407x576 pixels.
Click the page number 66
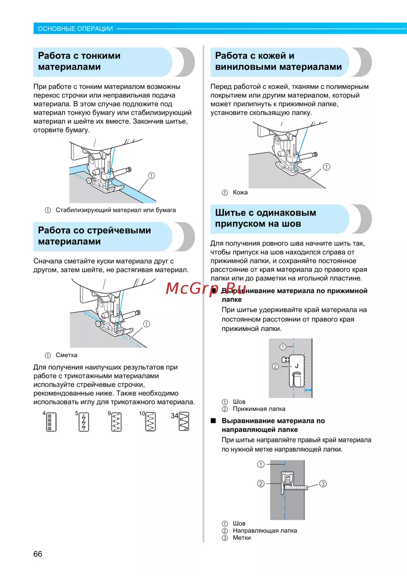(38, 554)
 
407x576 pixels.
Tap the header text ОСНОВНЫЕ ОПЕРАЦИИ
(75, 29)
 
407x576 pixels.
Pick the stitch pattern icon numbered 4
(51, 422)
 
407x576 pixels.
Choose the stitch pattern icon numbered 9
(116, 422)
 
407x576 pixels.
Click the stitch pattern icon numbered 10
(150, 422)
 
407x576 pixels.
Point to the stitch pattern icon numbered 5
(84, 422)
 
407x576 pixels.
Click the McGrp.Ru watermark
(206, 289)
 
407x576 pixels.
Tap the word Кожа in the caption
(240, 192)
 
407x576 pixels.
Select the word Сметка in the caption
(66, 355)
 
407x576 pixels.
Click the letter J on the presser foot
(297, 366)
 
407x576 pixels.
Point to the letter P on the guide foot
(287, 477)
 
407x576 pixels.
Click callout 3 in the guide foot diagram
(323, 483)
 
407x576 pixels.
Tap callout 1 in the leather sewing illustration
(326, 167)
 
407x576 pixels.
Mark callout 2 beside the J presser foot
(276, 366)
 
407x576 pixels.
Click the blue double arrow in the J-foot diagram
(308, 390)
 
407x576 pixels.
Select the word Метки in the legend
(242, 538)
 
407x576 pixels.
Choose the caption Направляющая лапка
(265, 530)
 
